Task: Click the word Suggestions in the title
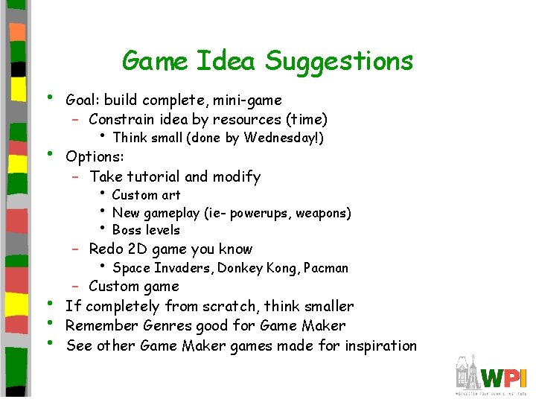[339, 61]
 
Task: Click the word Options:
[95, 157]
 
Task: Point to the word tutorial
[153, 176]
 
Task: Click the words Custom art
[146, 195]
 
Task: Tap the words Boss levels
[146, 230]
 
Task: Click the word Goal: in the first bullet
[83, 100]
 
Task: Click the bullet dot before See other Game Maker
[50, 343]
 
